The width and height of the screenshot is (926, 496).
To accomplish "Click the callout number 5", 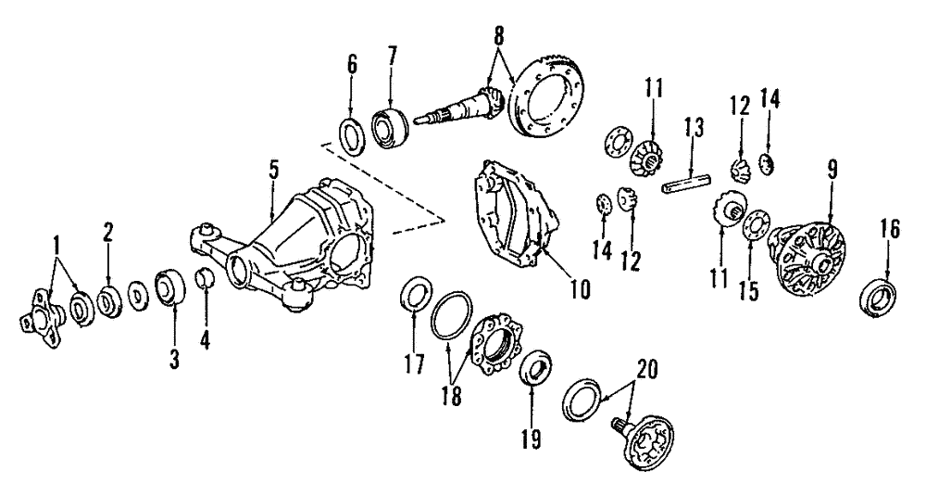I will click(x=273, y=172).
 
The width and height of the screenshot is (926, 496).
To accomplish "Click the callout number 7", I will click(x=393, y=58).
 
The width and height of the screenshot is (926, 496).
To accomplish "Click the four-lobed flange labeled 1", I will click(x=40, y=314).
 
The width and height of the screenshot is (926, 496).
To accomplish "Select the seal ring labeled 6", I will click(x=351, y=135).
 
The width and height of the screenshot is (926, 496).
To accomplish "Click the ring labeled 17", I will click(x=413, y=299).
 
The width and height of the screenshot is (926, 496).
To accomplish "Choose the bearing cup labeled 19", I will click(x=534, y=366).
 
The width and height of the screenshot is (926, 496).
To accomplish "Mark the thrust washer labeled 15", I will click(x=753, y=224).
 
